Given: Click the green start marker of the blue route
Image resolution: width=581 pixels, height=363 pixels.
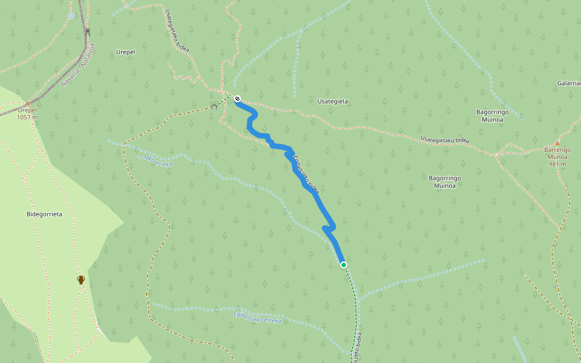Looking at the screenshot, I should pos(344,265).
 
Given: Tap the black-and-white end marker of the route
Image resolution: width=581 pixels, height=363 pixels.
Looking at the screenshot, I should pos(237,99).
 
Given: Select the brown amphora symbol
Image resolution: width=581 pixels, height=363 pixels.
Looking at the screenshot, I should pos(81,280).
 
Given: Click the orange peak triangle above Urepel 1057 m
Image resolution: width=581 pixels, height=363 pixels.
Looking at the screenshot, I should pos(27,103).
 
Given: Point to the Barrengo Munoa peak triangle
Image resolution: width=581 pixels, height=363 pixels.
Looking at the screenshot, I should pos(557,143).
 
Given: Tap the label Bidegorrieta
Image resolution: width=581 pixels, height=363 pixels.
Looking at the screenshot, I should pos(44,214).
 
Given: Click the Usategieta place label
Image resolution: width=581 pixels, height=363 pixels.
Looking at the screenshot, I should pos(332,102).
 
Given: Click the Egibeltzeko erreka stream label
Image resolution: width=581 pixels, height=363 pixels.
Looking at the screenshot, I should pos(257,316).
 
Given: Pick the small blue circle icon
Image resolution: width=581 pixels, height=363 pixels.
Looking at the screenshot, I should pos(71,16).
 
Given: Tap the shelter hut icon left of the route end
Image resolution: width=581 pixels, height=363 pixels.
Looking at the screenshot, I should pos(214,106).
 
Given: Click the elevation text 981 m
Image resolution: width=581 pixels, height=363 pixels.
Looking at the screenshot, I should pos(557,164).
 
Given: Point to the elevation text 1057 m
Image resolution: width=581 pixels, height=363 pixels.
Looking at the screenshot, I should pos(27,117).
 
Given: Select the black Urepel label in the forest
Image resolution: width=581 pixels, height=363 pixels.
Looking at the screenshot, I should pos(125,52).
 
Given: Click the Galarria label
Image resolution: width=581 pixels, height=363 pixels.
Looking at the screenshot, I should pos(569,83).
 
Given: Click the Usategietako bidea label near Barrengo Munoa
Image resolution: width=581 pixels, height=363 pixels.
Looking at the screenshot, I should pos(445,140).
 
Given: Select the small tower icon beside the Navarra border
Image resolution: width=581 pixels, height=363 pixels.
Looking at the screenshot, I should pos(88,31).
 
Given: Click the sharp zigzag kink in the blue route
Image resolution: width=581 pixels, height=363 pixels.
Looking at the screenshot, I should pos(327,228).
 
